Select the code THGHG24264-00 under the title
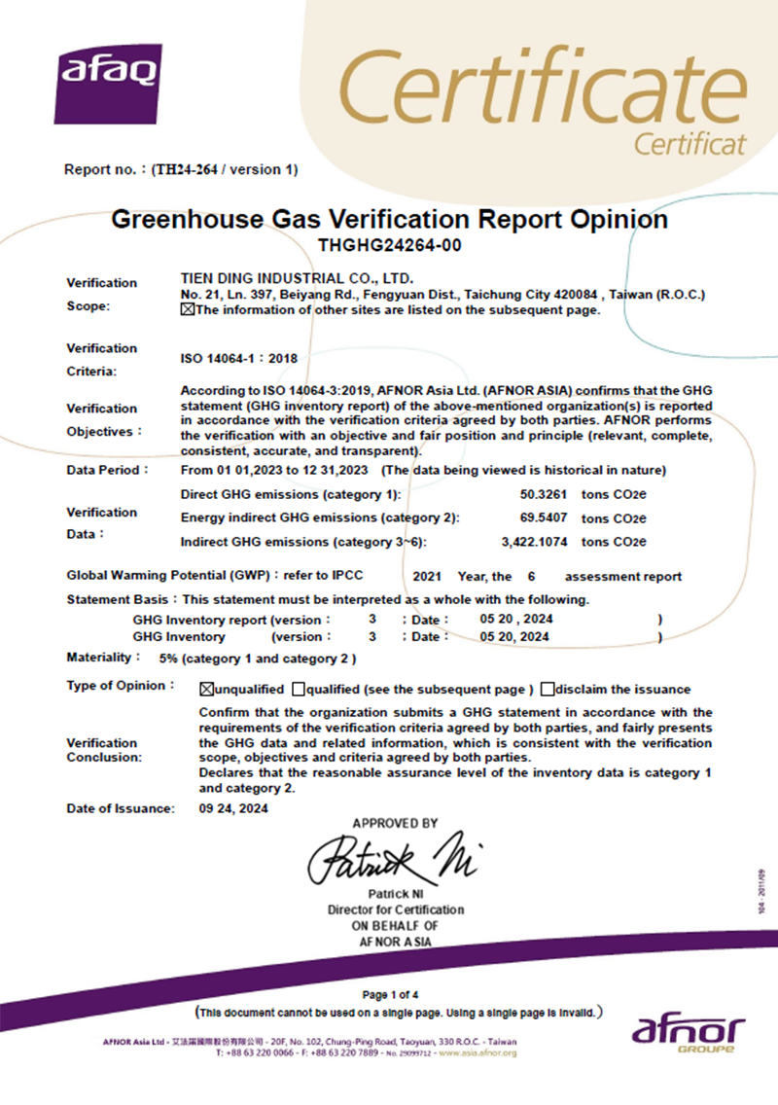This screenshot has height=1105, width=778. (389, 245)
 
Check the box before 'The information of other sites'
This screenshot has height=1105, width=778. (188, 311)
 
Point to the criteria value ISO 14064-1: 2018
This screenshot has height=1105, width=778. (239, 359)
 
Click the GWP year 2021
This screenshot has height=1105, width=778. (428, 576)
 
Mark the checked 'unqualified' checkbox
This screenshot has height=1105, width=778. (206, 690)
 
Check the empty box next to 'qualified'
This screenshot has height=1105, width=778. (298, 690)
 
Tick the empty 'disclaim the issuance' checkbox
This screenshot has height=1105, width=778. (548, 690)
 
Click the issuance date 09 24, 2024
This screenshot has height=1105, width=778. (233, 808)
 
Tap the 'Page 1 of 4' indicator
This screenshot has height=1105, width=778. (389, 994)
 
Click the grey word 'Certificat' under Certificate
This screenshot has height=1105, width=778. (690, 144)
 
